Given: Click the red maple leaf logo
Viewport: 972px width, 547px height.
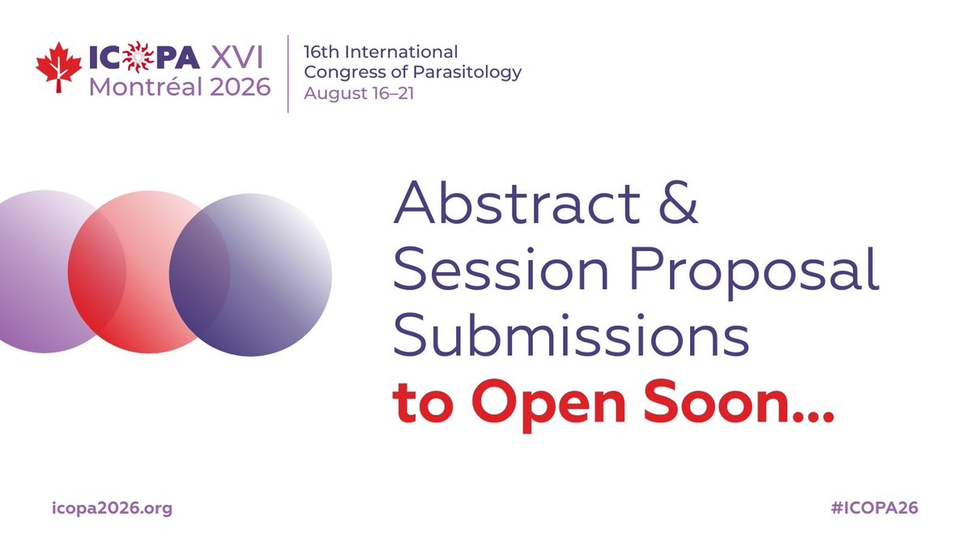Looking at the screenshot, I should click(x=59, y=66).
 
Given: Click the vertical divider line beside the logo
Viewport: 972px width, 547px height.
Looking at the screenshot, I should click(x=288, y=73).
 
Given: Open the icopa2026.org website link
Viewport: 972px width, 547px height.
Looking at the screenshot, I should click(x=112, y=509).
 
